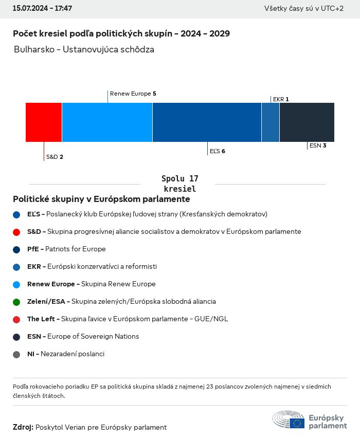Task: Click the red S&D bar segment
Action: [x=44, y=122]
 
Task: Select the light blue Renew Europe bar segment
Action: [x=107, y=122]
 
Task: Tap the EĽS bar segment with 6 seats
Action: [x=207, y=122]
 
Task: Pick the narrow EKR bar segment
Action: [x=271, y=122]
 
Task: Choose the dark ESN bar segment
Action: [x=307, y=122]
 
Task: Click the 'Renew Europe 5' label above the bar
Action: [x=133, y=94]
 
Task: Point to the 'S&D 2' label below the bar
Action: [x=55, y=157]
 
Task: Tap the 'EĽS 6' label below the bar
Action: [x=218, y=151]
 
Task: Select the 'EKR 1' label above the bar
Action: [x=281, y=99]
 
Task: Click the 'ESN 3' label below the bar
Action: [x=318, y=145]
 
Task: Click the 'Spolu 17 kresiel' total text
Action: [x=179, y=184]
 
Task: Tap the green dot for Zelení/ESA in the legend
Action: [x=16, y=302]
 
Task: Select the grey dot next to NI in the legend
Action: [x=16, y=354]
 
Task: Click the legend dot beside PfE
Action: [x=16, y=249]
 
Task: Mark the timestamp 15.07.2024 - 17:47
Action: [x=42, y=9]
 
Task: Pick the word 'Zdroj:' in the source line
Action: [x=23, y=427]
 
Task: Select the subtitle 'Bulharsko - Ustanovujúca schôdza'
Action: [x=84, y=50]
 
